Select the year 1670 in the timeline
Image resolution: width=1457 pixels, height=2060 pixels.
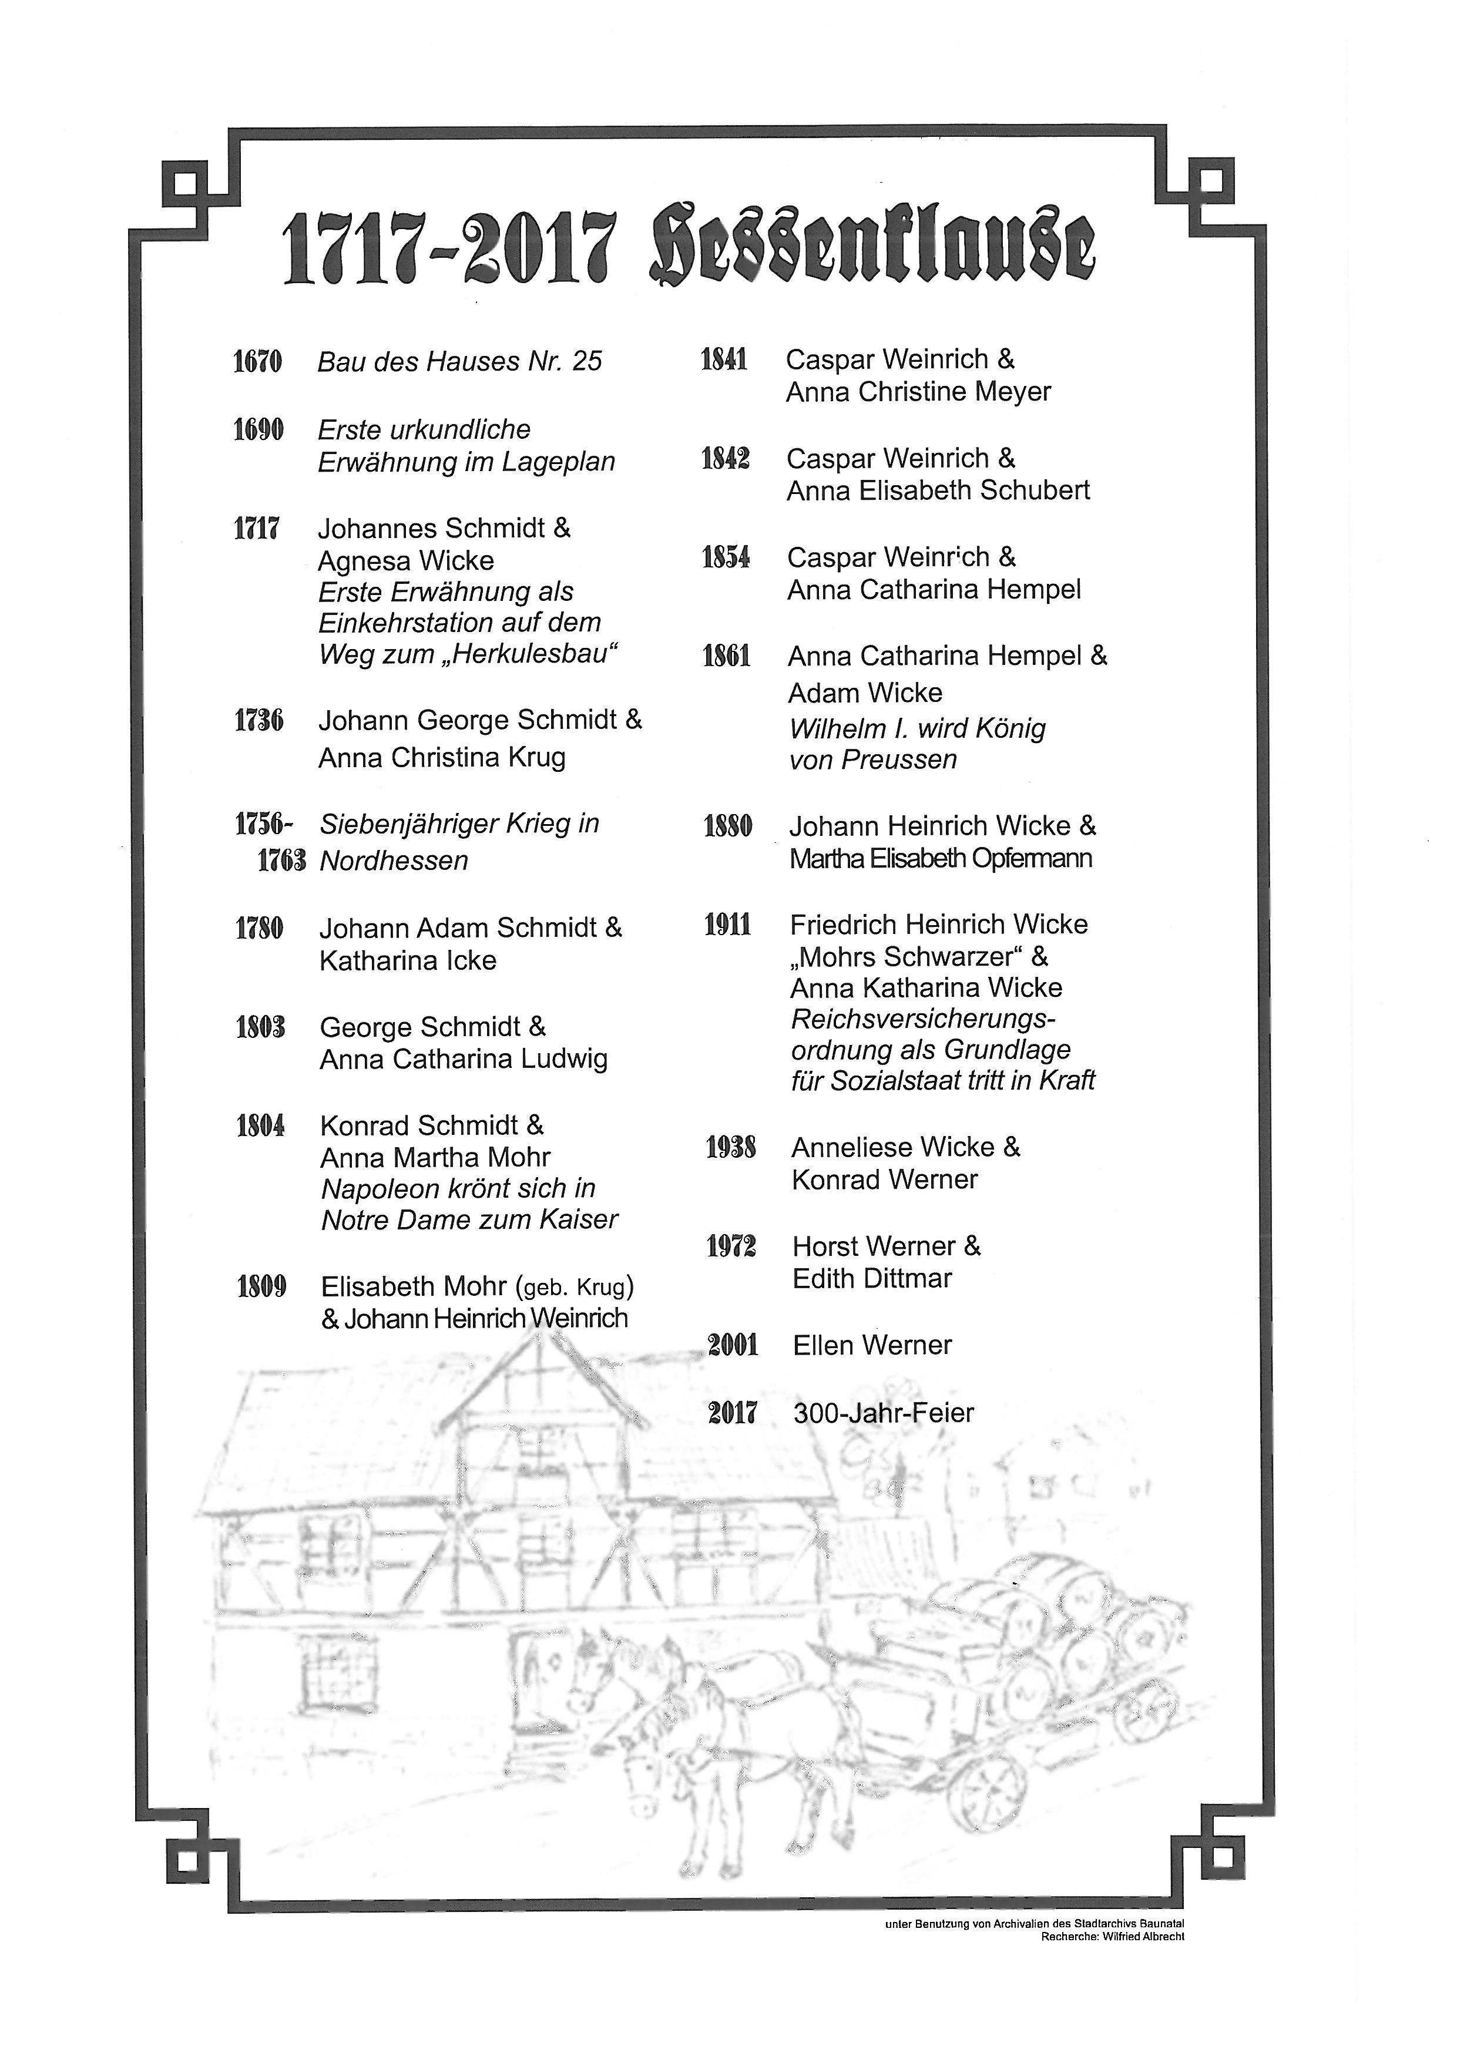(x=257, y=362)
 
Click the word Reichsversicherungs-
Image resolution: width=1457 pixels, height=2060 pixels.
(x=923, y=1019)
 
